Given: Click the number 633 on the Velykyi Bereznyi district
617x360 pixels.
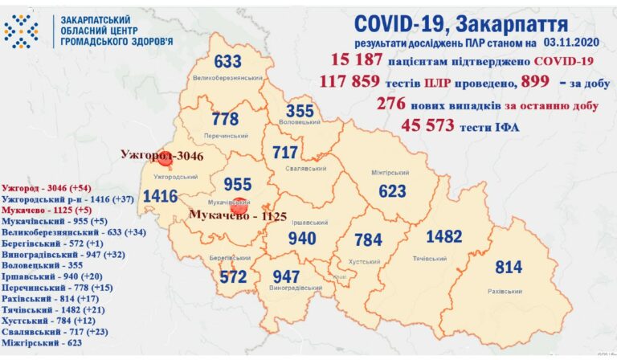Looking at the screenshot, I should point(228,61).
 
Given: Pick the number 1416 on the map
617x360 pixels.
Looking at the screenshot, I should point(160,195).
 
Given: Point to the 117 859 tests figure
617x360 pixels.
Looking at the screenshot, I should point(363,82).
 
